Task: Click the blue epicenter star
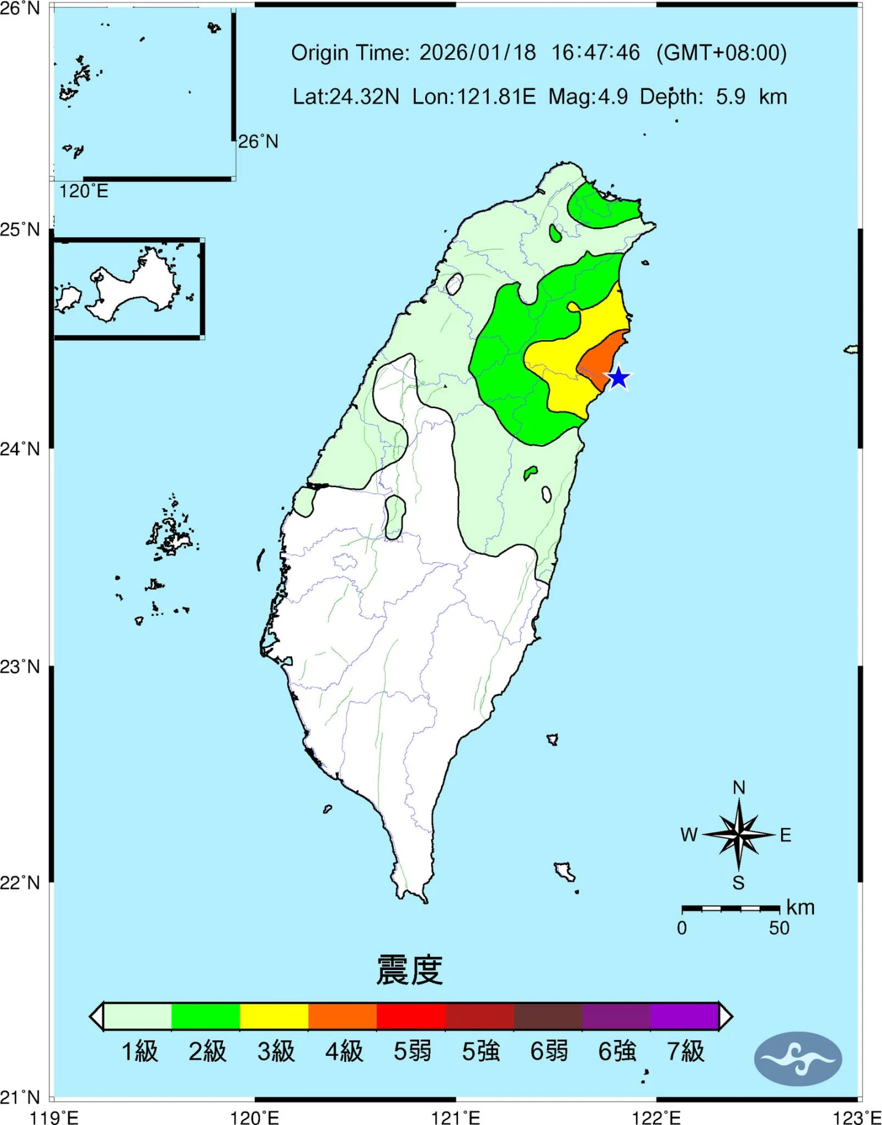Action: click(619, 377)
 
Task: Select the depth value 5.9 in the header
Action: click(731, 97)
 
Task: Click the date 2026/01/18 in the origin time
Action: click(477, 53)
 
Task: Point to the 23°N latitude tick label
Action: click(20, 666)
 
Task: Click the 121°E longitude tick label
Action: click(456, 1117)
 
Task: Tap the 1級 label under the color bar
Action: click(140, 1051)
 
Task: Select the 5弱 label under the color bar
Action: click(412, 1051)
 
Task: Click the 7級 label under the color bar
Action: click(685, 1051)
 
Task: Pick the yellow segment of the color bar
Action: click(274, 1017)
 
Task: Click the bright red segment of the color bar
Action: click(410, 1017)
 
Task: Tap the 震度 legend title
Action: click(409, 970)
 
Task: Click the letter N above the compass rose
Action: click(739, 787)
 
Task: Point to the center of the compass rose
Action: click(739, 835)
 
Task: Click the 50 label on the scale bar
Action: click(779, 928)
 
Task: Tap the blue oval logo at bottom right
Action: click(798, 1059)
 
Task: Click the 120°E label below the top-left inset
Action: click(83, 191)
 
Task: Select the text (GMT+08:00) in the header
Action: click(721, 53)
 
